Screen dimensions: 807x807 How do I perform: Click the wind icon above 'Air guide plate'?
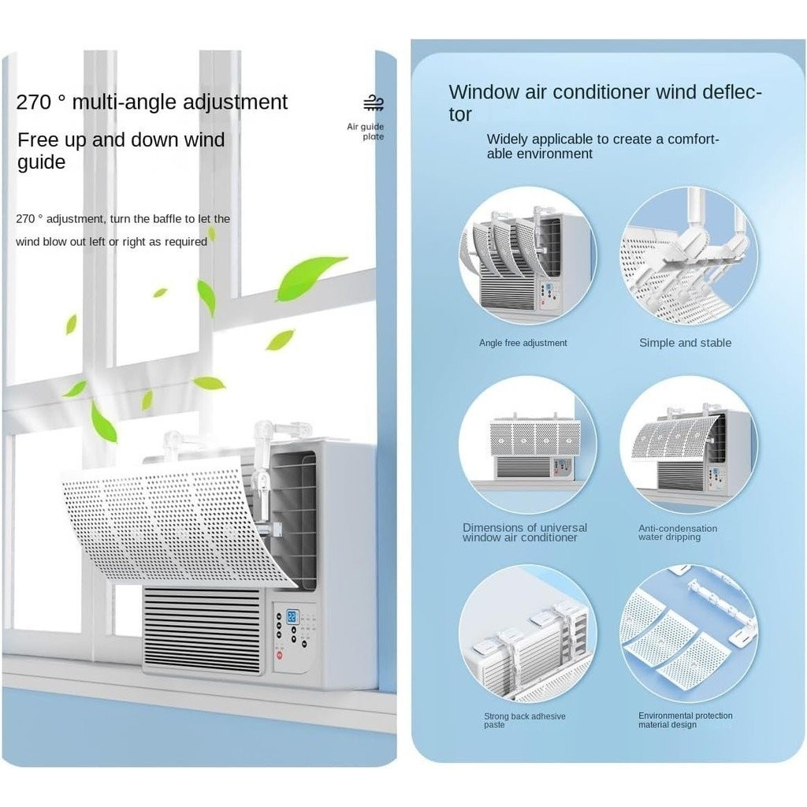coord(373,104)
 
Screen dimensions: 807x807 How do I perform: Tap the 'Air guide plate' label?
coord(366,132)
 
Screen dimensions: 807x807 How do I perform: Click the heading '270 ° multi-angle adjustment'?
coord(152,102)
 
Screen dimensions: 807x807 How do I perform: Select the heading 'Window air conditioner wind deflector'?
coord(604,102)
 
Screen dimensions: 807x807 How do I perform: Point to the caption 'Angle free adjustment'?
coord(523,343)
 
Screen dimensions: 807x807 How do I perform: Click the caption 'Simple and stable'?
coord(685,343)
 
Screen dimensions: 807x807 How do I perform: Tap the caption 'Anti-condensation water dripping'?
coord(677,533)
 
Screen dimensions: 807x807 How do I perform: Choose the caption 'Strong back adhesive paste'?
coord(524,720)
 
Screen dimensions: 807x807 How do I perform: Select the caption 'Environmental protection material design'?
coord(685,720)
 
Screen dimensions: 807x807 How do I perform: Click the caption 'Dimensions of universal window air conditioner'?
coord(524,533)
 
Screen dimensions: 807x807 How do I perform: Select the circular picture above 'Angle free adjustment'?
coord(527,255)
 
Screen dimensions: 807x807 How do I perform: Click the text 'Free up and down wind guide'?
coord(121,151)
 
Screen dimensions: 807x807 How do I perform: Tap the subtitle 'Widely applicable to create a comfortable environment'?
coord(603,147)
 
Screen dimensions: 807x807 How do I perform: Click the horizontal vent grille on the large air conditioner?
coord(202,630)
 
